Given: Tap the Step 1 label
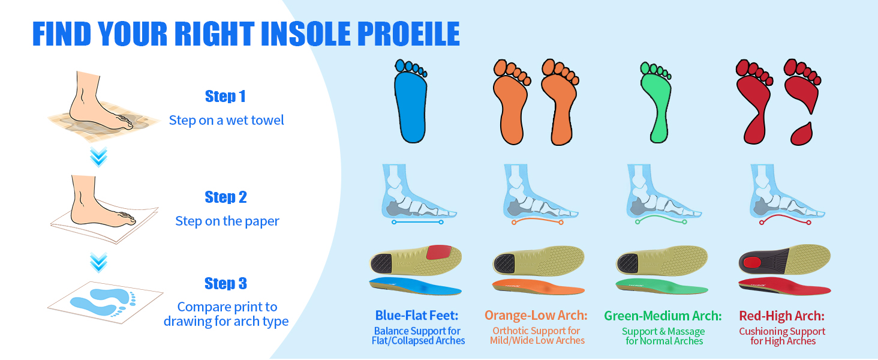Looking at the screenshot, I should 225,96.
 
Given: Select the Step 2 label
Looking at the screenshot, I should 225,197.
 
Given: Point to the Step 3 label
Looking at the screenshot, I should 225,283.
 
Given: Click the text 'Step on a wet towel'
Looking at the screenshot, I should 227,120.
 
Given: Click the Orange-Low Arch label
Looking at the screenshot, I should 536,316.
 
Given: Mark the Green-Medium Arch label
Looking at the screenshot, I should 663,316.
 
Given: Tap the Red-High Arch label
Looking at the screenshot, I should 782,316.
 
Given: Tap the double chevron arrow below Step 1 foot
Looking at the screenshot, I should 98,157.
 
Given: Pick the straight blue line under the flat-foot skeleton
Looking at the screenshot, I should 417,222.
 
